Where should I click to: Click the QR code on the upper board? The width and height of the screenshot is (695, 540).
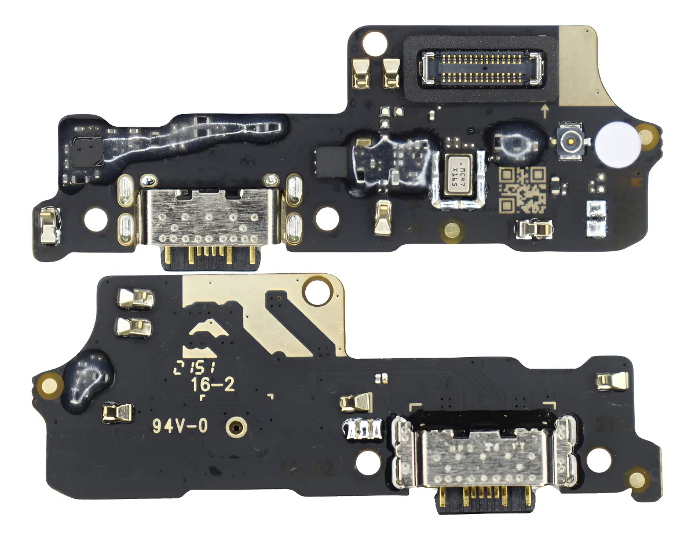coord(522,189)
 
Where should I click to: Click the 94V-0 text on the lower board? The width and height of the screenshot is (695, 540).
coord(180,426)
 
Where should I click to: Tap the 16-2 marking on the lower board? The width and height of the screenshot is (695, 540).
coord(213,386)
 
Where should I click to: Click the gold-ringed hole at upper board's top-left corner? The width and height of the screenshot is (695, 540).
coord(375,42)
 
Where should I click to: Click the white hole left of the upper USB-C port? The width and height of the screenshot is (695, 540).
coord(96,219)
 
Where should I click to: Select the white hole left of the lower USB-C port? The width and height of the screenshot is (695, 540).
coord(368,463)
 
